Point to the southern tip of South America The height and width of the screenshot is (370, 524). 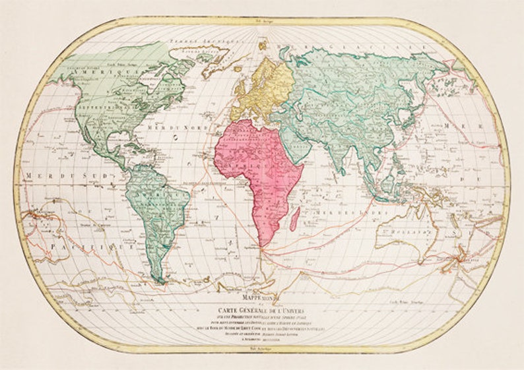[x=160, y=282]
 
